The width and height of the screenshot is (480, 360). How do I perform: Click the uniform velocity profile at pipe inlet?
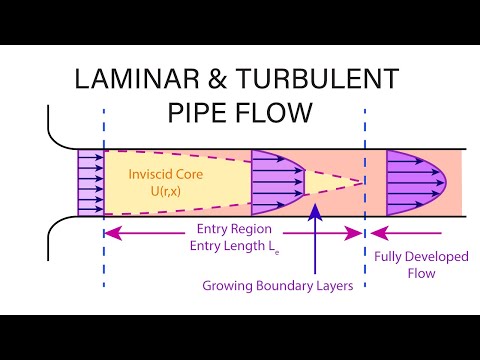click(91, 183)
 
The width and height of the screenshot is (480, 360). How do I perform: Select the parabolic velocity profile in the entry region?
click(275, 183)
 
